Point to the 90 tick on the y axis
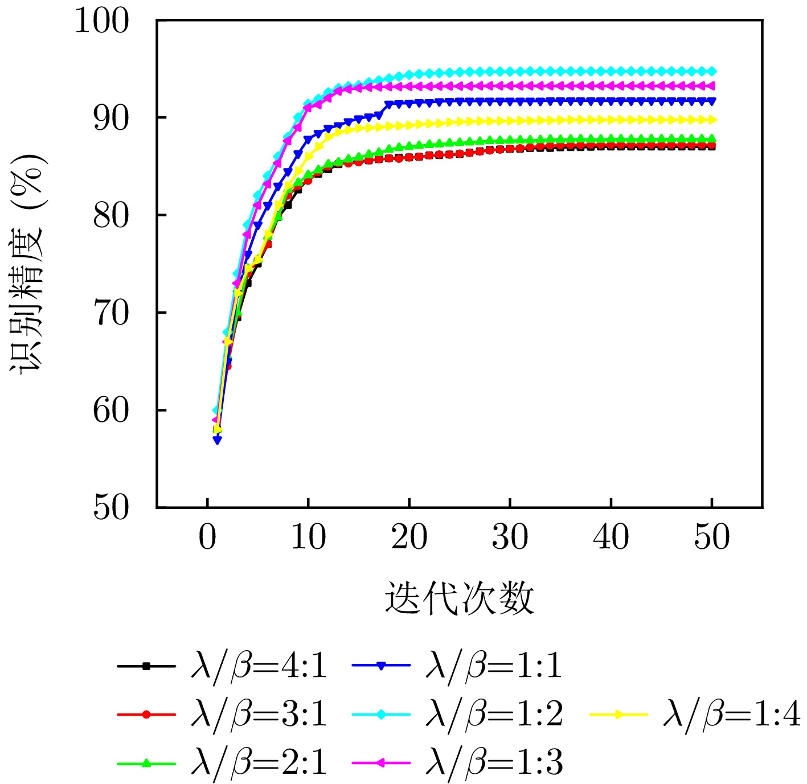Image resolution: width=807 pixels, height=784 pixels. pyautogui.click(x=112, y=118)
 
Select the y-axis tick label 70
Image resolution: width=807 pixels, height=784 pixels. pyautogui.click(x=112, y=313)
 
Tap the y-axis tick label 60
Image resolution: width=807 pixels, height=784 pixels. pyautogui.click(x=112, y=411)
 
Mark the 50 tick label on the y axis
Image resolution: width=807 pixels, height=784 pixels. pyautogui.click(x=112, y=507)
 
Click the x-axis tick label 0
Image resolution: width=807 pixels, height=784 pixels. pyautogui.click(x=208, y=537)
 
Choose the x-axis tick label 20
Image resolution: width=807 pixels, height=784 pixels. pyautogui.click(x=409, y=537)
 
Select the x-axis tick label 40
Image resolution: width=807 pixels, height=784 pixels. pyautogui.click(x=611, y=537)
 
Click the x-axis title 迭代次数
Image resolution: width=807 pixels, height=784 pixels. pyautogui.click(x=460, y=598)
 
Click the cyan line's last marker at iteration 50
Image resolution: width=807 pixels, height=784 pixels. pyautogui.click(x=712, y=72)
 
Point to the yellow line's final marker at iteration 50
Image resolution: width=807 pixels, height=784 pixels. pyautogui.click(x=712, y=120)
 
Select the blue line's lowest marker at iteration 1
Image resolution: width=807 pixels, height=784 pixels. pyautogui.click(x=218, y=440)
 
